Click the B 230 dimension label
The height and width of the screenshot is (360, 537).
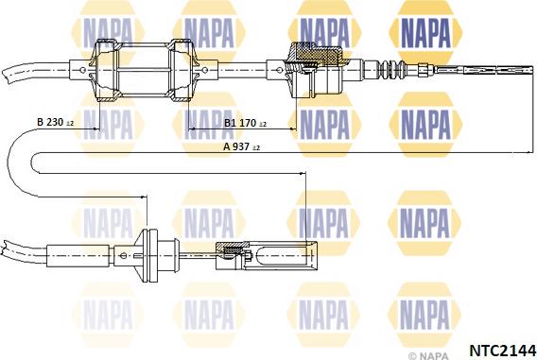tap(55, 122)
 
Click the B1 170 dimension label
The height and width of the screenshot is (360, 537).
tap(245, 123)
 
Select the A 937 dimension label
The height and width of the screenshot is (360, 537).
tap(241, 146)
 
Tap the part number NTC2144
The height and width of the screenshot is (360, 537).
tap(502, 351)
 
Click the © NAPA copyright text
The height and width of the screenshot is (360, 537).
tap(428, 356)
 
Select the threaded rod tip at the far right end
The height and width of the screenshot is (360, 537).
tap(498, 70)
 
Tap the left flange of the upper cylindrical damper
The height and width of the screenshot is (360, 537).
tap(105, 70)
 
